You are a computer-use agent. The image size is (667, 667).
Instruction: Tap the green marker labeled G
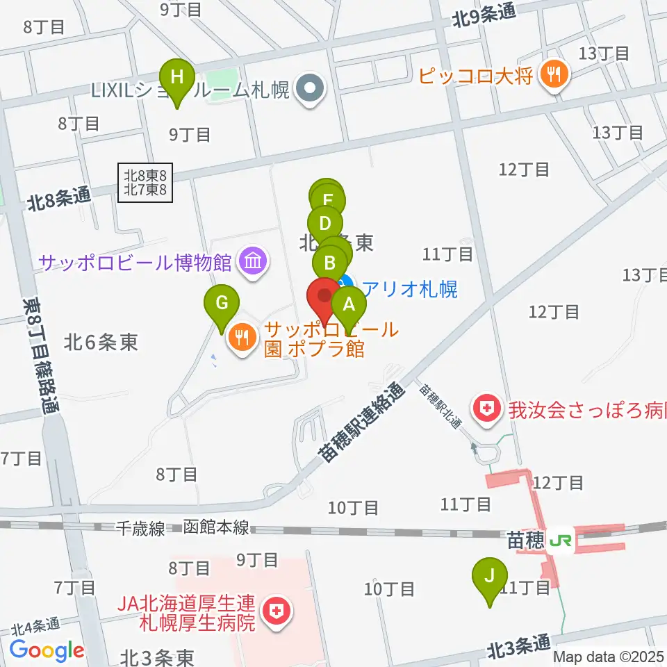222,304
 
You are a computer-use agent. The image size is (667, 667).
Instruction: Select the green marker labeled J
489,576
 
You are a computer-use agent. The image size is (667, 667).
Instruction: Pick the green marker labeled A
349,304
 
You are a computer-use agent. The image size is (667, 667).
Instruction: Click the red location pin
324,296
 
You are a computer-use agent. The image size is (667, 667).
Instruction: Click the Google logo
47,651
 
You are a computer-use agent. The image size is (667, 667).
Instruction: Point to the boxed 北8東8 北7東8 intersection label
145,183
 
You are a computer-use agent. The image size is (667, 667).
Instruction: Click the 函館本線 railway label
216,528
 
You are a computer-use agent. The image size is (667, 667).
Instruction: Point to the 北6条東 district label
101,342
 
